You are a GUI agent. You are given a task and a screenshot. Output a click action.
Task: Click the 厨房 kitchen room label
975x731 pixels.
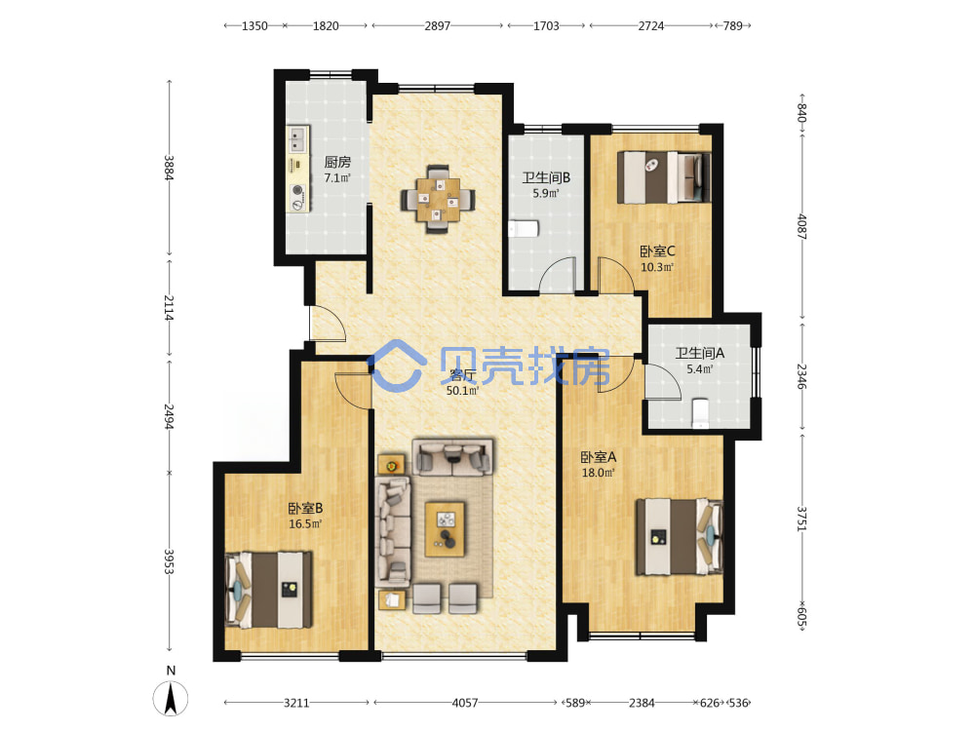pyautogui.click(x=337, y=162)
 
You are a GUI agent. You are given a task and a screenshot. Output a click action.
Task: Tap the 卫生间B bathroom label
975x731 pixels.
pyautogui.click(x=546, y=177)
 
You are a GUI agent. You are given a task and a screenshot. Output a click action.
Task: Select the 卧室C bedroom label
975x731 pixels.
pyautogui.click(x=657, y=251)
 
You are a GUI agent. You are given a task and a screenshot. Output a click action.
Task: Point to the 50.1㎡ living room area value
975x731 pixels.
pyautogui.click(x=462, y=391)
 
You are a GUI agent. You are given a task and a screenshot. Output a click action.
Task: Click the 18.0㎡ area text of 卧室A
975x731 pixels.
pyautogui.click(x=598, y=473)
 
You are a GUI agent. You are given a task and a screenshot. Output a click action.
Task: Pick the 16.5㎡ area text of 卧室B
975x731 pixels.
pyautogui.click(x=304, y=524)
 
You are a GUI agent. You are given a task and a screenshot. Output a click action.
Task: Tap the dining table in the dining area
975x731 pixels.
pyautogui.click(x=438, y=199)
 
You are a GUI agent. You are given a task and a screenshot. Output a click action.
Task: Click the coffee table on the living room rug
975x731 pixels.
pyautogui.click(x=445, y=529)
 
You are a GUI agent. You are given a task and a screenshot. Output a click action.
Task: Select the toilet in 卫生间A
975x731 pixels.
pyautogui.click(x=700, y=413)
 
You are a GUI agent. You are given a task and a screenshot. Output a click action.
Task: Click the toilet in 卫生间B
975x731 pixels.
pyautogui.click(x=523, y=229)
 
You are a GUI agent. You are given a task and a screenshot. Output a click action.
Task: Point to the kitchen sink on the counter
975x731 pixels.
pyautogui.click(x=297, y=139)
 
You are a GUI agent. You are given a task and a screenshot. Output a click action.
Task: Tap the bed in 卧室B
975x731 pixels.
pyautogui.click(x=269, y=590)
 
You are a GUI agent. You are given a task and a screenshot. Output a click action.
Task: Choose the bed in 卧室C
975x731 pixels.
pyautogui.click(x=663, y=177)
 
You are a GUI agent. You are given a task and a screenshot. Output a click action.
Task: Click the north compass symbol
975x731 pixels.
pyautogui.click(x=171, y=698)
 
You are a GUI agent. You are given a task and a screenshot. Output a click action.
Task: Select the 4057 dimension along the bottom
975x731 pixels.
pyautogui.click(x=464, y=703)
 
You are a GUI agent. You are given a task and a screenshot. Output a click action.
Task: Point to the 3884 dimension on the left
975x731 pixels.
pyautogui.click(x=169, y=168)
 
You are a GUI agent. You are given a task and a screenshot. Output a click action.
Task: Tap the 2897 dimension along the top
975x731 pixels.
pyautogui.click(x=437, y=26)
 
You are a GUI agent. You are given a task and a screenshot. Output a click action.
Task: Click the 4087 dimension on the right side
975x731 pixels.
pyautogui.click(x=802, y=227)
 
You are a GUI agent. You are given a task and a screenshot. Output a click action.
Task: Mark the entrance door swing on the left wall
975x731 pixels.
pyautogui.click(x=328, y=324)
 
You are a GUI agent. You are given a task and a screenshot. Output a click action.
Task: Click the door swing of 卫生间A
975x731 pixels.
pyautogui.click(x=663, y=382)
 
